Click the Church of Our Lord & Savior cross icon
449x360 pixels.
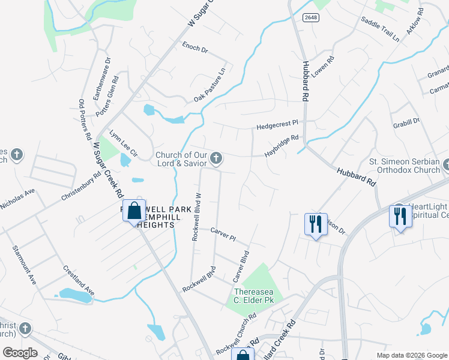[x=217, y=159]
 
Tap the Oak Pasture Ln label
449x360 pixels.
[x=209, y=85]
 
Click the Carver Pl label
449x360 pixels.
[x=223, y=233]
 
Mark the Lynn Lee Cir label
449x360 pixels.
[x=123, y=142]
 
